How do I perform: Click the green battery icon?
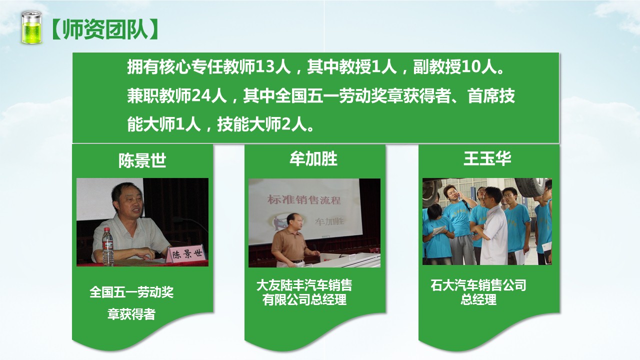pos(31,27)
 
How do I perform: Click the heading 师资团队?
pos(105,29)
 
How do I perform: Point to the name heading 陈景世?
pos(142,160)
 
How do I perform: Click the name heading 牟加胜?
pos(313,159)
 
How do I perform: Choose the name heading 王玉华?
pos(487,158)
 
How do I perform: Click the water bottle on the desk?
pos(107,247)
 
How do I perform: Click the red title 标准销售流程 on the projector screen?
pos(304,199)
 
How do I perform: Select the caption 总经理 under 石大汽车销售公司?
pos(478,299)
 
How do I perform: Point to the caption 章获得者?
pos(131,314)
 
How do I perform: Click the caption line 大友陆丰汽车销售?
pos(304,285)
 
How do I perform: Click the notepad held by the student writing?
pos(438,230)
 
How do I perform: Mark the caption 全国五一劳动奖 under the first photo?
pos(131,292)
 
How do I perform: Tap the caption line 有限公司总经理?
pos(304,299)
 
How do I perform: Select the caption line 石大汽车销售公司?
pos(478,285)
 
